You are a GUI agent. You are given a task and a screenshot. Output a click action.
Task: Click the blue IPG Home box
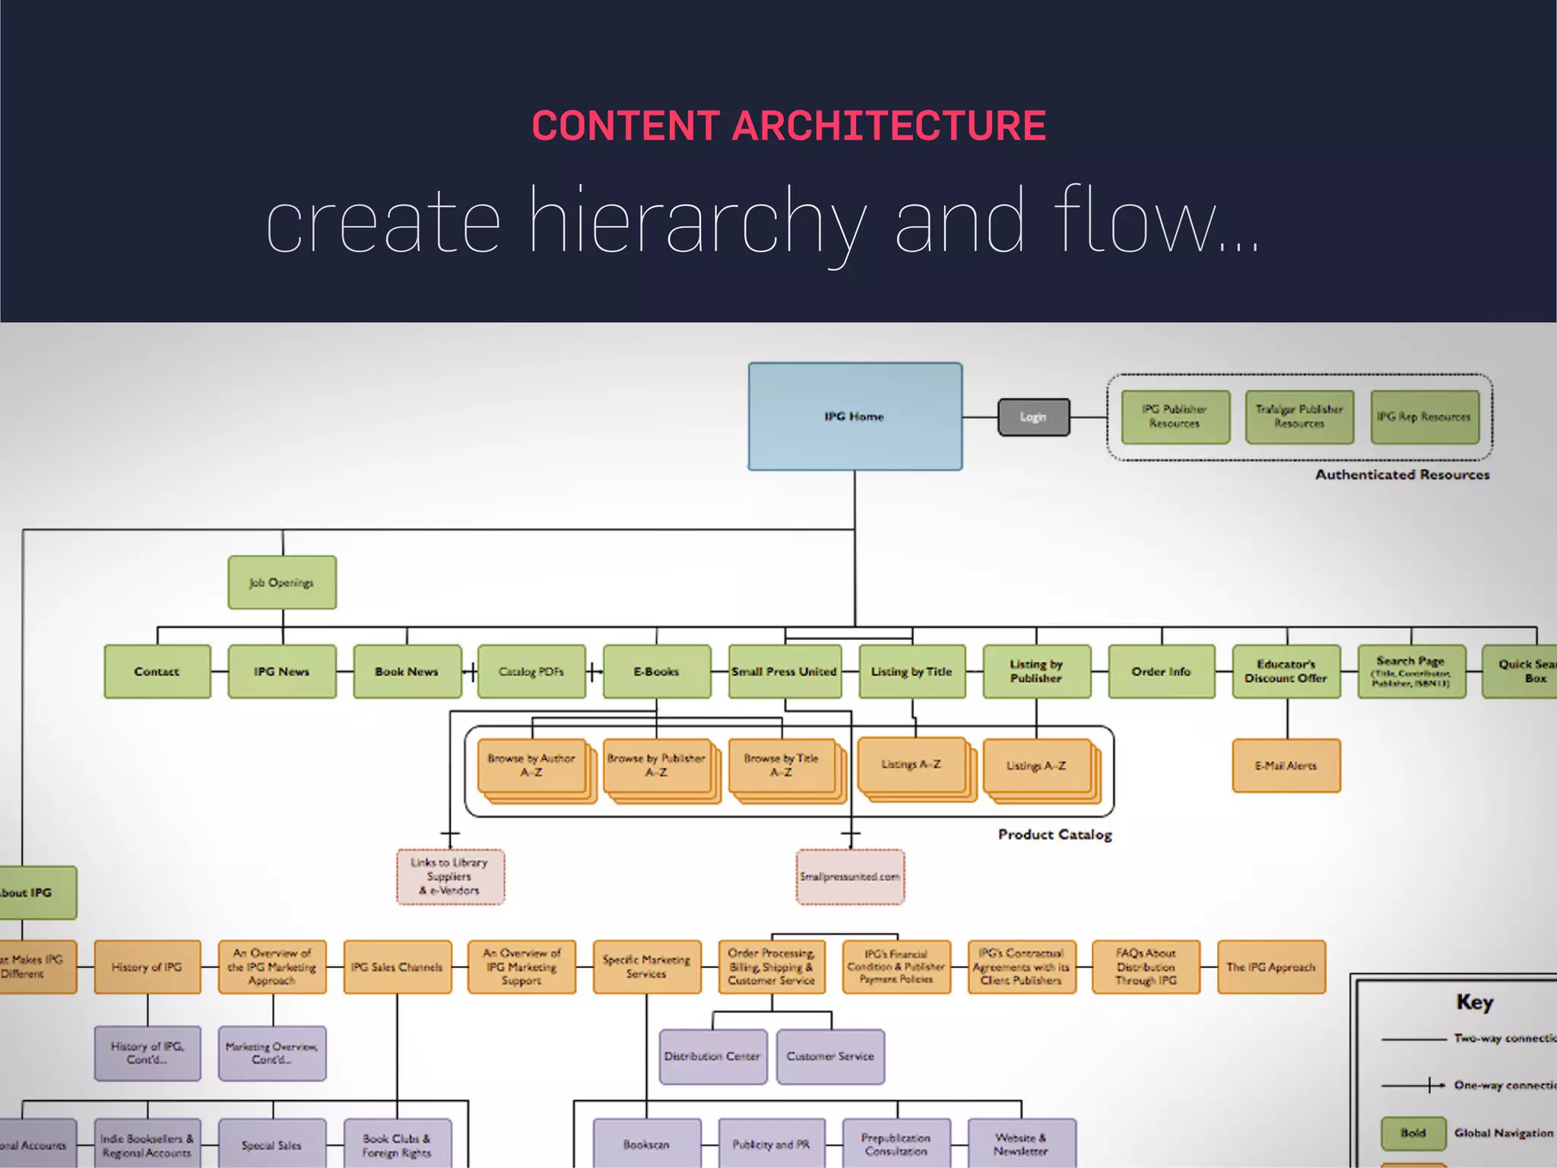[x=855, y=416]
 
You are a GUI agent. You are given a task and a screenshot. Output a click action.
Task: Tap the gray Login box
[x=1033, y=417]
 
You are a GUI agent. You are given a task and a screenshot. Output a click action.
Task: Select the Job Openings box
[x=282, y=583]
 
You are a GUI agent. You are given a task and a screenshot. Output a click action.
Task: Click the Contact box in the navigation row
[x=157, y=672]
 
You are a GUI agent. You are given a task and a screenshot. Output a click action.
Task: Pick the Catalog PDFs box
[x=531, y=672]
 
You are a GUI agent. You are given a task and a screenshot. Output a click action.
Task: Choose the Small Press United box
[x=785, y=672]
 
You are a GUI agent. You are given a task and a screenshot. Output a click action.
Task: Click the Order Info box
[x=1161, y=672]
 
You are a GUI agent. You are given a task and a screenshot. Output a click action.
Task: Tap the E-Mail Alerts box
[x=1286, y=766]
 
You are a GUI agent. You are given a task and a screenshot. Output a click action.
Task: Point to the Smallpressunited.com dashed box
[x=850, y=877]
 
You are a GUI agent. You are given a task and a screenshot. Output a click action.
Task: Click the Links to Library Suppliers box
[x=449, y=877]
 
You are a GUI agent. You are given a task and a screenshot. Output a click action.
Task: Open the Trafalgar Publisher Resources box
[x=1299, y=417]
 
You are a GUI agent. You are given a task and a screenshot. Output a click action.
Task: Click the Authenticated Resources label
[x=1402, y=475]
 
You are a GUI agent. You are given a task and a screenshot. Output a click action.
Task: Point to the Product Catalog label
[x=1054, y=835]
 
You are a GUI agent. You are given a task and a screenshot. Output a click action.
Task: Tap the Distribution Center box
[x=712, y=1056]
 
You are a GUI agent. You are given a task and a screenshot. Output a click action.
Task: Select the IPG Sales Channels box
[x=397, y=967]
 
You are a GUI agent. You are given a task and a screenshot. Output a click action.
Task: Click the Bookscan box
[x=646, y=1144]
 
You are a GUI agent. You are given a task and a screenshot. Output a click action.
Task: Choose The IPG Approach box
[x=1270, y=967]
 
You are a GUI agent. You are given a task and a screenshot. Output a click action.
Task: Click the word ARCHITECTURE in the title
[x=889, y=126]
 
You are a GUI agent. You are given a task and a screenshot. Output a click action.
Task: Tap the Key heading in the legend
[x=1475, y=1002]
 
